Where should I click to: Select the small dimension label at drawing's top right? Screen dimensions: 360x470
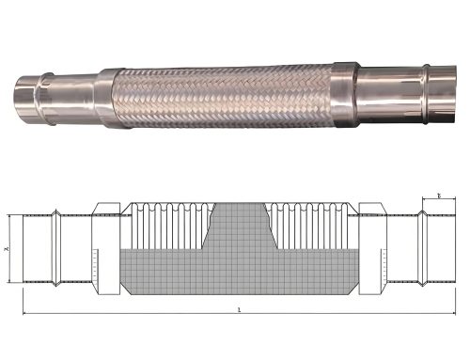tap(439, 196)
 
